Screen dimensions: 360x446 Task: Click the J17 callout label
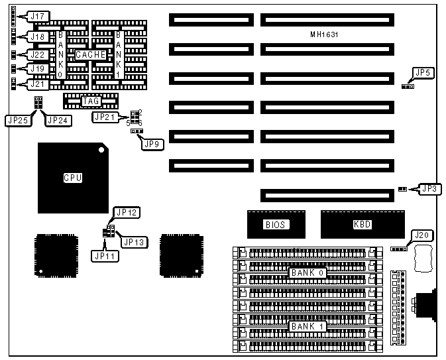point(37,15)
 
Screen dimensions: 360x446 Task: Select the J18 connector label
point(37,37)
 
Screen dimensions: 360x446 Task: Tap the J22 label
point(37,54)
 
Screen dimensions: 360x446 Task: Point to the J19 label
point(37,68)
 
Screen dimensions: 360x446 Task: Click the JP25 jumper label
point(15,121)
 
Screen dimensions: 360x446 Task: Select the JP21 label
point(104,117)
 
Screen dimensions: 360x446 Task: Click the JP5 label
point(421,72)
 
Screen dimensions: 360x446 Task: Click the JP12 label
point(125,212)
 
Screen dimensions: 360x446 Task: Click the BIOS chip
point(274,224)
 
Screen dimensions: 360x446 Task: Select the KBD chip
point(362,224)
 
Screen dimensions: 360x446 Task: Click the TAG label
point(90,101)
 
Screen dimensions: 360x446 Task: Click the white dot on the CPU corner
point(101,150)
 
